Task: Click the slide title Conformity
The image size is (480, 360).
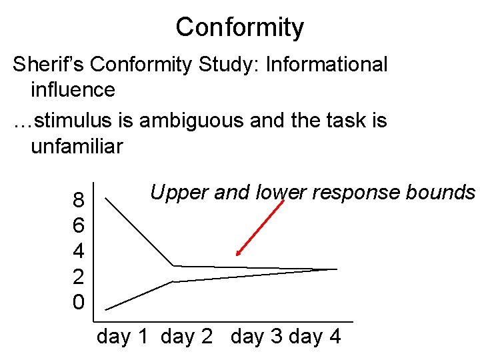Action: click(240, 27)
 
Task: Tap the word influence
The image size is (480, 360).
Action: click(73, 89)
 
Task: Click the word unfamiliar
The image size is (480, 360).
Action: click(77, 145)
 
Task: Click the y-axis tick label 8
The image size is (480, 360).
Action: click(78, 200)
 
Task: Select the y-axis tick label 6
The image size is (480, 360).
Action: click(78, 225)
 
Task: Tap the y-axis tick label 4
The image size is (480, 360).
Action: click(78, 251)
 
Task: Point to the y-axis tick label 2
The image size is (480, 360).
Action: click(78, 277)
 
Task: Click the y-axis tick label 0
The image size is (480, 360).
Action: click(78, 302)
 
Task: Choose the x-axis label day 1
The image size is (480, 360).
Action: click(123, 337)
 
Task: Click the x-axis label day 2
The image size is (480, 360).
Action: click(187, 337)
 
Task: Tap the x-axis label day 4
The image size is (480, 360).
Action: click(315, 337)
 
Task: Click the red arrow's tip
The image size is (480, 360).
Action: click(237, 255)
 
